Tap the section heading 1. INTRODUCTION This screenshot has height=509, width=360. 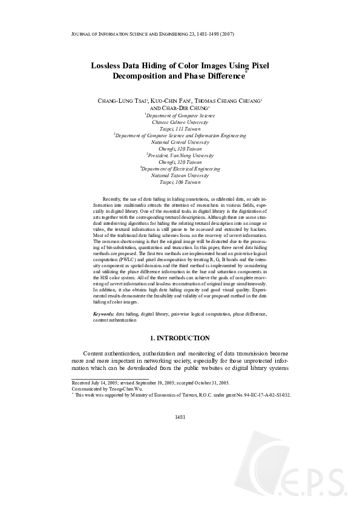click(180, 338)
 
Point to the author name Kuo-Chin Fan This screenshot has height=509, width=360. click(172, 100)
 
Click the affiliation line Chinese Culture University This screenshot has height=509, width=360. click(180, 122)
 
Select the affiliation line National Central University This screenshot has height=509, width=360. click(180, 142)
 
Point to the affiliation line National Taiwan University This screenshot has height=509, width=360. click(180, 175)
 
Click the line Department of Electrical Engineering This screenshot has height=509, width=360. click(180, 169)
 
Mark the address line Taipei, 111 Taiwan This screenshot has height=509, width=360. click(180, 129)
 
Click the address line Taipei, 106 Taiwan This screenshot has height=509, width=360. click(180, 182)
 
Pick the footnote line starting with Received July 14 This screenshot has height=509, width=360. click(151, 383)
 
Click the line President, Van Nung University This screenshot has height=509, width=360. click(180, 155)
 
